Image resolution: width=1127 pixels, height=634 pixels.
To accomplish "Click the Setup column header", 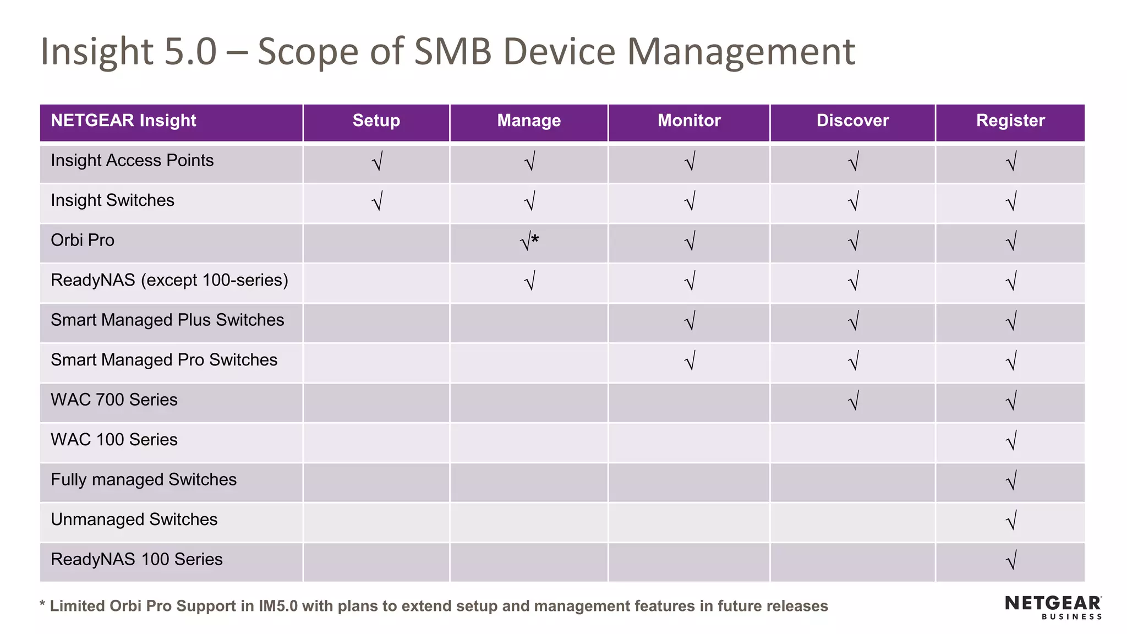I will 376,121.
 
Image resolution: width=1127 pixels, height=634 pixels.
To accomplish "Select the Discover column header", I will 852,121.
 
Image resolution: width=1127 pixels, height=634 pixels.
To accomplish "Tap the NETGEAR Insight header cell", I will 123,121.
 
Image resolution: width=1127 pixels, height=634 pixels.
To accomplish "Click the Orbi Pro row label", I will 83,241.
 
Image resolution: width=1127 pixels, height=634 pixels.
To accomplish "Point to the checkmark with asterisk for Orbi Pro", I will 529,242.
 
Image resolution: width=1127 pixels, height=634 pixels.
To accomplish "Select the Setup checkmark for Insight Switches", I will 377,201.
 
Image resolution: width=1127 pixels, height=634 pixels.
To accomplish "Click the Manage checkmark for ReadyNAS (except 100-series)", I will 529,281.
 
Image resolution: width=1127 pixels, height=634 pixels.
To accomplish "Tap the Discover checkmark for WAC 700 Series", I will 853,401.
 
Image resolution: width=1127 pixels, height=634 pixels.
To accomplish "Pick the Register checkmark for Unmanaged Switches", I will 1011,521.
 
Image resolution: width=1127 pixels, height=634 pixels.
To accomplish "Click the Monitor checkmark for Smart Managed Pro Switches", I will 690,361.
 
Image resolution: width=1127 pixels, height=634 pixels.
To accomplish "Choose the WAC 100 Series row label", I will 114,440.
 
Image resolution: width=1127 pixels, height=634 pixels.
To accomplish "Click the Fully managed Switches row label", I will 144,480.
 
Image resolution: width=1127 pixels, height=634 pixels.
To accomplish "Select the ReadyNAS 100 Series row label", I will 136,560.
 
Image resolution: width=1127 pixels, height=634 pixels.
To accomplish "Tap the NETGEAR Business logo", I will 1053,607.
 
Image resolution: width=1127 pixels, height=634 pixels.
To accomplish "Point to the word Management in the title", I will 741,52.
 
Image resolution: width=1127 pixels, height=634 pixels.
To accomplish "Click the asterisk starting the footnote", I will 42,605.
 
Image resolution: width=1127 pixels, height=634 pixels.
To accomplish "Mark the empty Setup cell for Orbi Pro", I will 376,243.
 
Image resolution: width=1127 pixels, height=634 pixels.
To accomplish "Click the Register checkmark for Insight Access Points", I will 1011,162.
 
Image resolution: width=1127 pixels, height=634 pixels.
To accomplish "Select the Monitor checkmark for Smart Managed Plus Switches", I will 690,321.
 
